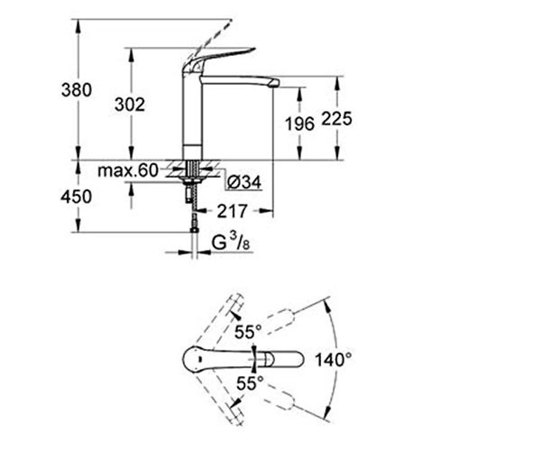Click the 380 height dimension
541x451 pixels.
[x=77, y=90]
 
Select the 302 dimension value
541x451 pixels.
[x=130, y=105]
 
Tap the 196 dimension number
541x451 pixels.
[x=300, y=124]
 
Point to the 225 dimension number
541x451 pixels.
[x=337, y=119]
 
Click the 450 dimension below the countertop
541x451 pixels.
[x=76, y=196]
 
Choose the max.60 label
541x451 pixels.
[x=128, y=170]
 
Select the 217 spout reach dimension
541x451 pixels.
[x=232, y=211]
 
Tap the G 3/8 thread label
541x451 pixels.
[x=230, y=242]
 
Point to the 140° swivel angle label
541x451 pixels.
[x=334, y=360]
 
